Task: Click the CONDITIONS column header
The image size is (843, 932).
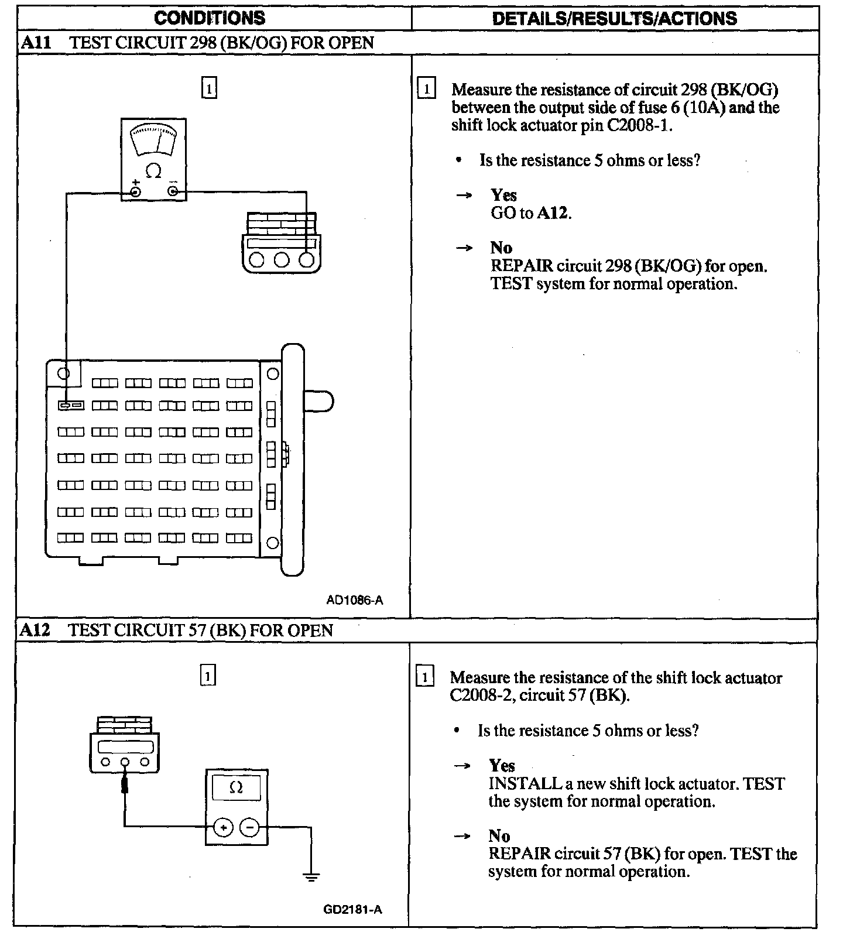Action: point(210,18)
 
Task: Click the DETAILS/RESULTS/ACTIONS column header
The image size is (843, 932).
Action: point(614,18)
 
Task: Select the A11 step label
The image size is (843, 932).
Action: point(34,43)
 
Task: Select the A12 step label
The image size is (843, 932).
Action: point(34,631)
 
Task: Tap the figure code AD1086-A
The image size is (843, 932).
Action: point(355,600)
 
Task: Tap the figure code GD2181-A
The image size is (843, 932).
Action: point(352,909)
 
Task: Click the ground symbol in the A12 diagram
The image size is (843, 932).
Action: point(311,876)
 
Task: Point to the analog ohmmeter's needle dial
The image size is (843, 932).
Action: point(153,140)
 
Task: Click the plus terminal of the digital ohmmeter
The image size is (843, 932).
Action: point(223,827)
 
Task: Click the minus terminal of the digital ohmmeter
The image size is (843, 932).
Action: point(250,827)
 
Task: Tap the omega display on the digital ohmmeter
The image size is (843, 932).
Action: point(236,788)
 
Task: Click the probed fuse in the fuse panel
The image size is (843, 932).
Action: point(70,405)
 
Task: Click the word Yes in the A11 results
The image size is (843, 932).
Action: point(503,195)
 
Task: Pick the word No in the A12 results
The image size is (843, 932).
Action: point(499,836)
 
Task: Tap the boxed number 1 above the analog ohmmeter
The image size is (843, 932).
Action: point(209,88)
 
